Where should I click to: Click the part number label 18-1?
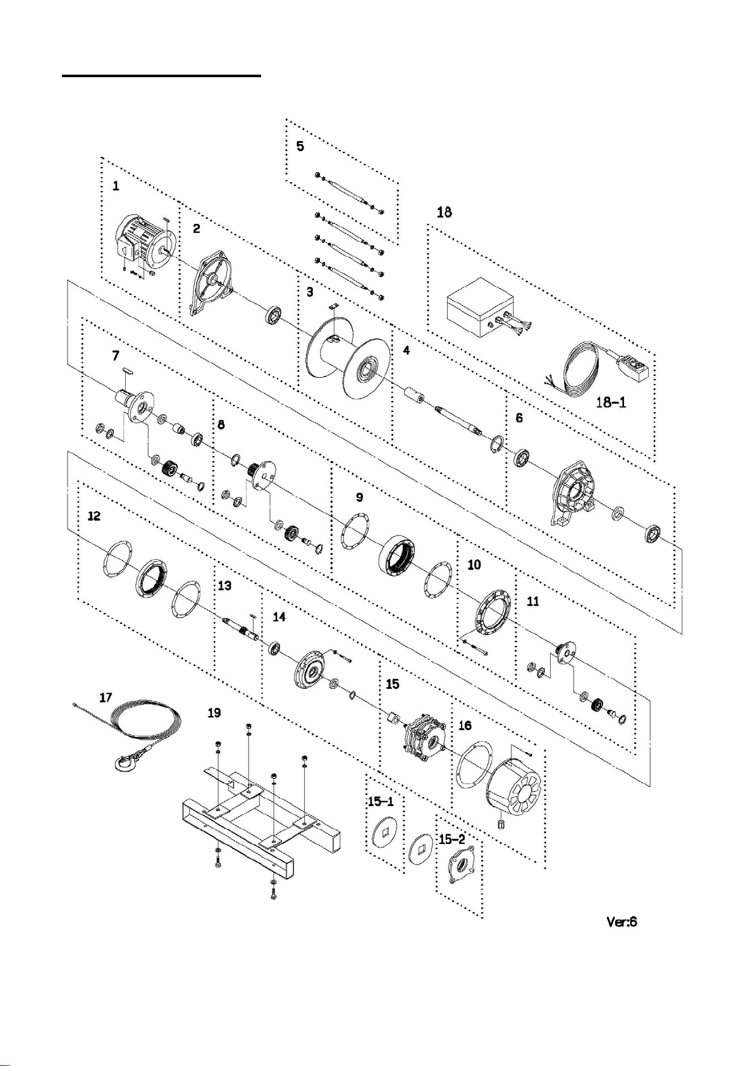pos(611,402)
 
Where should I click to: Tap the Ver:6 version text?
pos(621,922)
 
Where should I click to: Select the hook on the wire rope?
pos(126,760)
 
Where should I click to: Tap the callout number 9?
pos(359,497)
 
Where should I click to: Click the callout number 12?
pos(94,516)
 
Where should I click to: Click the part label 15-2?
pos(452,840)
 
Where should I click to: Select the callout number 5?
pos(300,146)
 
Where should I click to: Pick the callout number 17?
pos(106,697)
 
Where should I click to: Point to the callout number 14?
pos(279,616)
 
